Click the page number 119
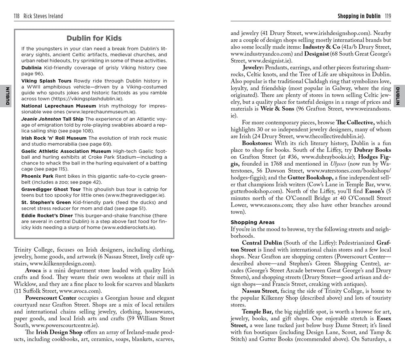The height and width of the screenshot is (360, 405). (388, 16)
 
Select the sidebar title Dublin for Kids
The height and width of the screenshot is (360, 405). (94, 38)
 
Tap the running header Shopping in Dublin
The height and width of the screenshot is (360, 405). (359, 16)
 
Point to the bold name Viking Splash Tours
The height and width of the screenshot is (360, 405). (47, 81)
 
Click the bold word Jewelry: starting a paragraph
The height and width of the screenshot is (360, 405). (254, 66)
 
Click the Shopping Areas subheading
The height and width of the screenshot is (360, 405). (252, 222)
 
